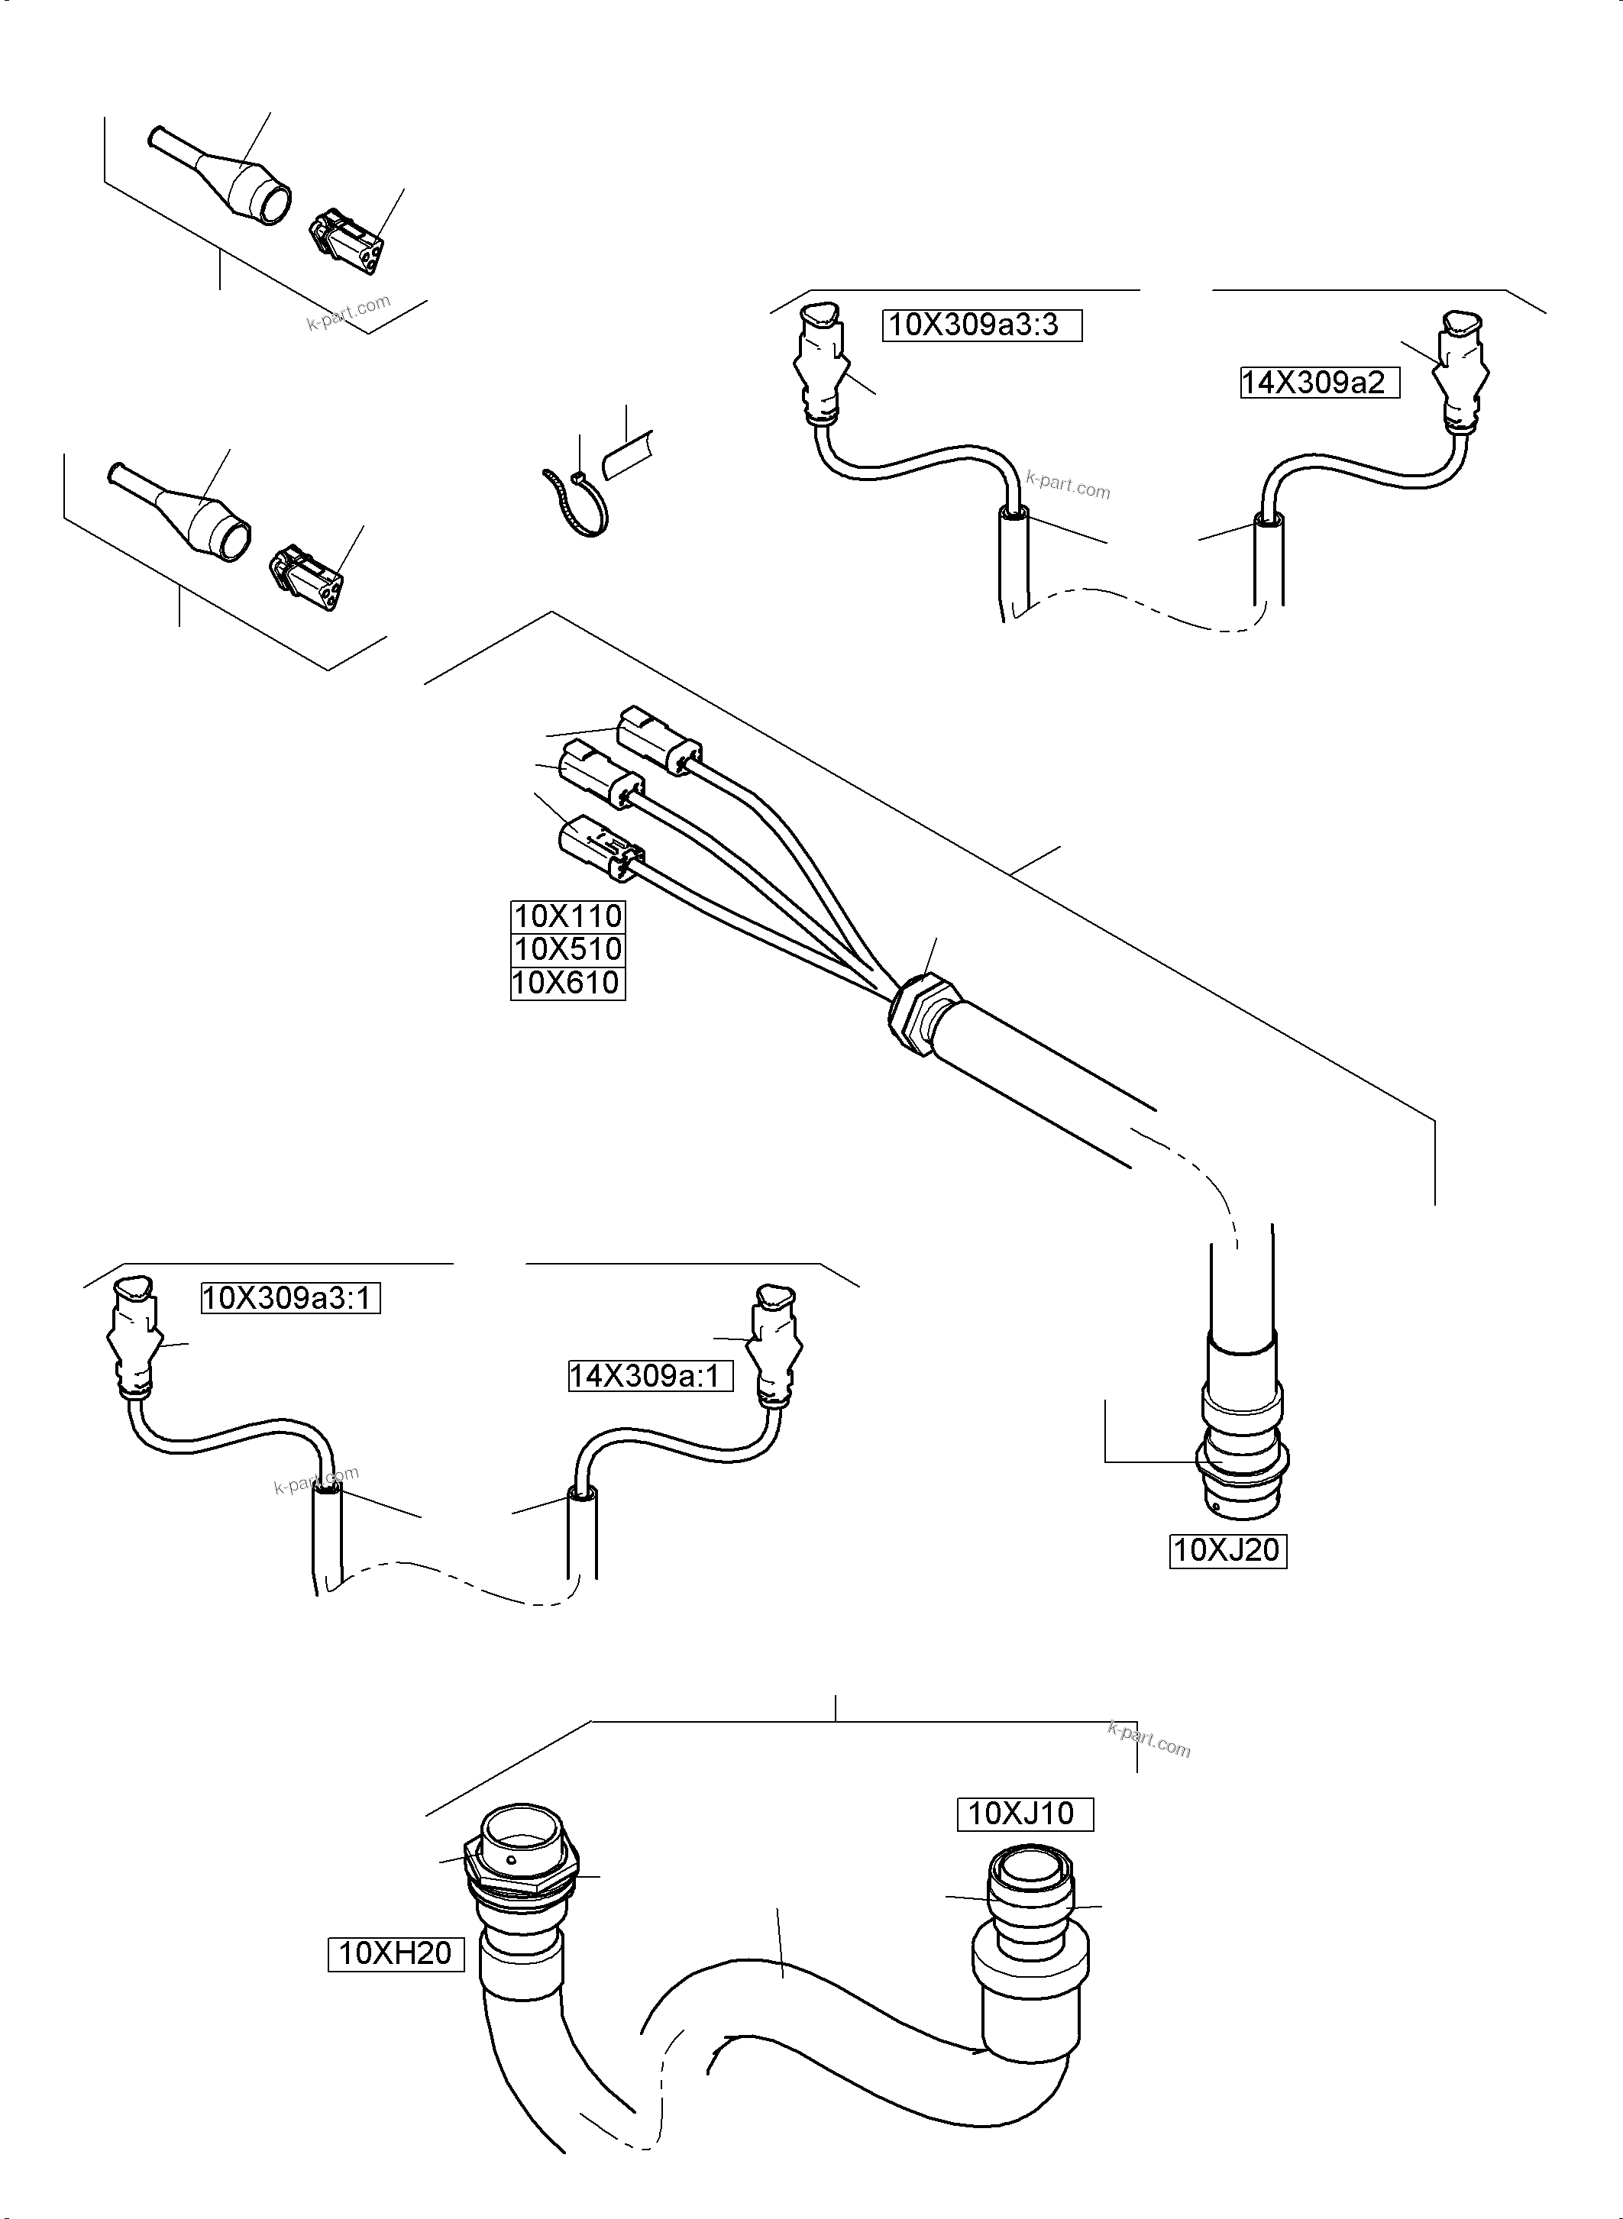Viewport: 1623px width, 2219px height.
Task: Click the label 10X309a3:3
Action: (x=981, y=325)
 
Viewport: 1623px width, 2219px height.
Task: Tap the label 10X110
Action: (x=567, y=916)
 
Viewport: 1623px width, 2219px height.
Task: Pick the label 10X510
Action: (x=567, y=950)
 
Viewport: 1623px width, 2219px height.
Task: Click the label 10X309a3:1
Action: (x=289, y=1299)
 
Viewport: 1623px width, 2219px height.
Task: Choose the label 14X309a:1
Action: (x=651, y=1376)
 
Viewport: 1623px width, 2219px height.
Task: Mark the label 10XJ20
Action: (x=1227, y=1551)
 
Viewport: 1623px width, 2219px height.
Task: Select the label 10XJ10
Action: (x=1025, y=1814)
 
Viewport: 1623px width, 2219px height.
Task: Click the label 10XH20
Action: (x=395, y=1953)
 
